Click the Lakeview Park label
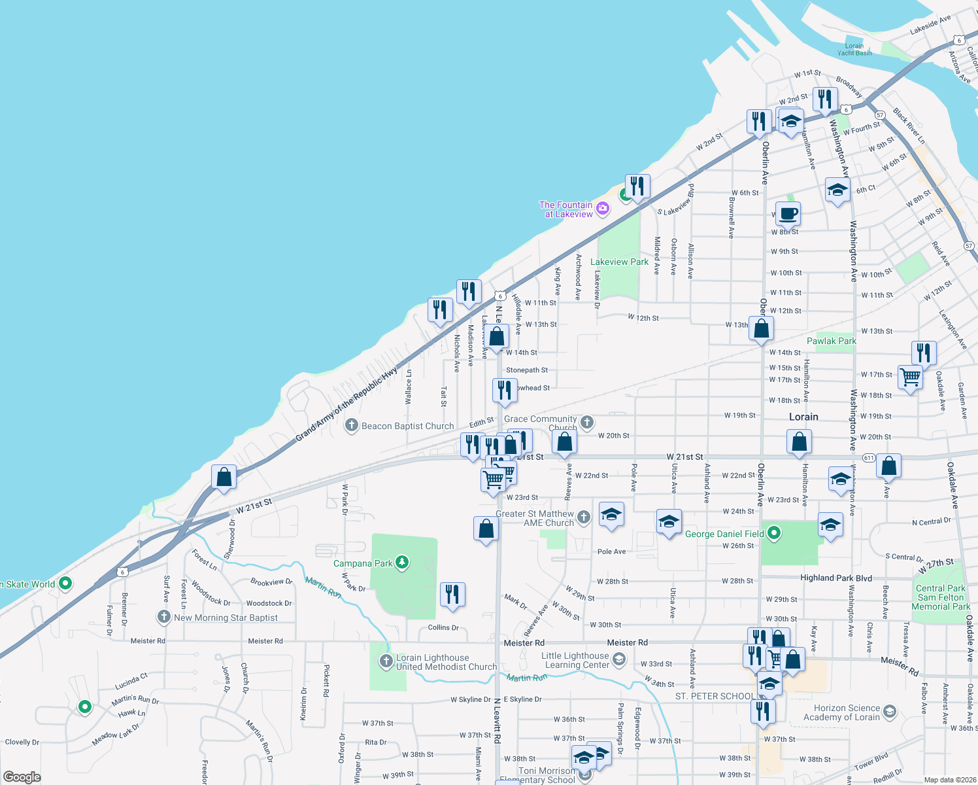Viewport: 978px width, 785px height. pyautogui.click(x=619, y=262)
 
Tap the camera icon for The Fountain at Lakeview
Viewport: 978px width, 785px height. pyautogui.click(x=603, y=209)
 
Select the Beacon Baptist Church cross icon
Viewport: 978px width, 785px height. pyautogui.click(x=352, y=426)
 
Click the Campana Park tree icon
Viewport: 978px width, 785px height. pyautogui.click(x=402, y=563)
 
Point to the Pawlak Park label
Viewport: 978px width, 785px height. pyautogui.click(x=831, y=341)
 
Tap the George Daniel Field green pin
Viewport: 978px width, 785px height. pyautogui.click(x=774, y=533)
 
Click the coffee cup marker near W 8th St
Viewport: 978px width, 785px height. pyautogui.click(x=788, y=213)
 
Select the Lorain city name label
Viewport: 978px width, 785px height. pyautogui.click(x=803, y=417)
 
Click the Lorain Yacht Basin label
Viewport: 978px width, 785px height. pyautogui.click(x=854, y=49)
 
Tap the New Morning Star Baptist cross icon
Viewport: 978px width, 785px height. pyautogui.click(x=164, y=617)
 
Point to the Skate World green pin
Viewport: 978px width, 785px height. pyautogui.click(x=65, y=583)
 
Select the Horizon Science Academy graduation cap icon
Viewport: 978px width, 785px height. pyautogui.click(x=890, y=712)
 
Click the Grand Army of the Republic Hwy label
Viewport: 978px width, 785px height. pyautogui.click(x=346, y=404)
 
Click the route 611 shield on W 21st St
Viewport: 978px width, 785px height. pyautogui.click(x=869, y=458)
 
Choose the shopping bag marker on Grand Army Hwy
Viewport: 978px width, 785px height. pyautogui.click(x=224, y=476)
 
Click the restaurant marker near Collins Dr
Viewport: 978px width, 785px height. pyautogui.click(x=452, y=595)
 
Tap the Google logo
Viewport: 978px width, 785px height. pyautogui.click(x=22, y=777)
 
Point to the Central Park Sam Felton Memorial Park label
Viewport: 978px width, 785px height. pyautogui.click(x=941, y=597)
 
